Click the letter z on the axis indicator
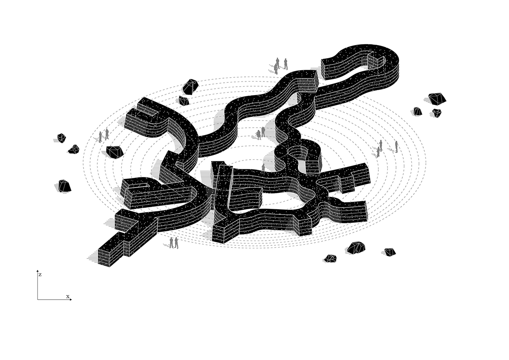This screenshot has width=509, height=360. coord(40,275)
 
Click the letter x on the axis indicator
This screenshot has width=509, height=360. coord(67,296)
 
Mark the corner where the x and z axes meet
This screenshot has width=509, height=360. coord(38,299)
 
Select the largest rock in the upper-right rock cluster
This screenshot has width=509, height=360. coord(437,99)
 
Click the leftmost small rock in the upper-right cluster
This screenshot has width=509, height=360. coord(417,111)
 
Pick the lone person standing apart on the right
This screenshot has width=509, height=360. coord(396,146)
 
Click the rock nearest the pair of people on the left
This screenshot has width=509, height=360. coord(114,152)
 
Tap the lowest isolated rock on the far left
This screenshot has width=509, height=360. coord(64,186)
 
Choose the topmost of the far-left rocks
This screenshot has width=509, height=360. coord(62,138)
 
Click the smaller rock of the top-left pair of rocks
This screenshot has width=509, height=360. coord(184,101)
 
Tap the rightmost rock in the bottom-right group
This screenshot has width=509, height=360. coord(390,252)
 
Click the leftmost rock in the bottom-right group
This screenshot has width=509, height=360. coord(330,258)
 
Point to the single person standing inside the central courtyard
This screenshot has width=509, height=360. coord(263,167)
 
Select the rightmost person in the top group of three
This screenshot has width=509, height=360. coord(286,64)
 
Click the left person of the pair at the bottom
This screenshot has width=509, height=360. coord(171,242)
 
